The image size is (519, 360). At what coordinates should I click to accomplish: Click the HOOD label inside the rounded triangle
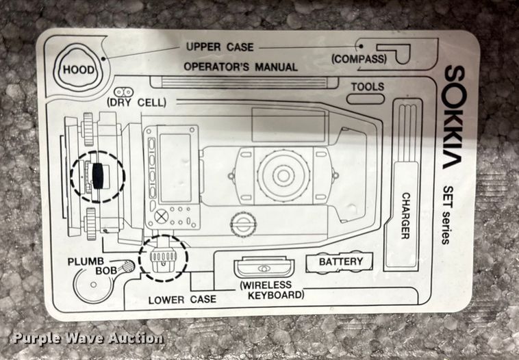click(x=78, y=70)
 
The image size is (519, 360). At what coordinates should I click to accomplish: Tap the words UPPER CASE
click(x=220, y=47)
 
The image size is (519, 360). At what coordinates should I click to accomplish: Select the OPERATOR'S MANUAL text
click(x=241, y=67)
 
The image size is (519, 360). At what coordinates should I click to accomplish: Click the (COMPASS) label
click(x=359, y=59)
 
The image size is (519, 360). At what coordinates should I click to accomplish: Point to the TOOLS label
click(x=368, y=87)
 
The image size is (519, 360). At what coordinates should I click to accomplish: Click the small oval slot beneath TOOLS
click(x=365, y=99)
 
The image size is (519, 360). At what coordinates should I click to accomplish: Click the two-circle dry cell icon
click(x=123, y=91)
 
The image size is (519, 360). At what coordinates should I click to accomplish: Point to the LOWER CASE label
click(x=183, y=299)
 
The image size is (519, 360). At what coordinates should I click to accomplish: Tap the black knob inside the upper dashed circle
click(x=99, y=176)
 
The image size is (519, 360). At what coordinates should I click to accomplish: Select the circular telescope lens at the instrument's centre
click(x=283, y=175)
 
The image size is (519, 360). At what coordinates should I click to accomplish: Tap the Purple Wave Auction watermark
click(x=87, y=337)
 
